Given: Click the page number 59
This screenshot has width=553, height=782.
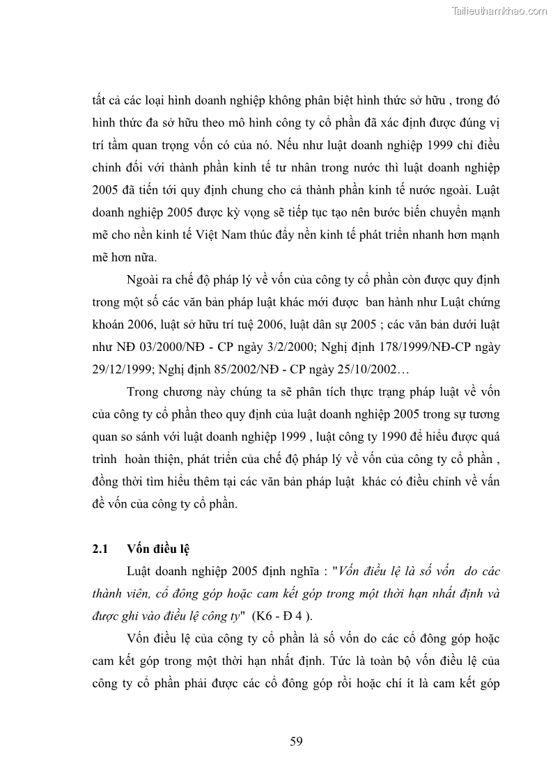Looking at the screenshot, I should click(296, 741).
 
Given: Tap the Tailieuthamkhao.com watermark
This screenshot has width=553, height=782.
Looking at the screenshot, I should click(500, 10).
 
